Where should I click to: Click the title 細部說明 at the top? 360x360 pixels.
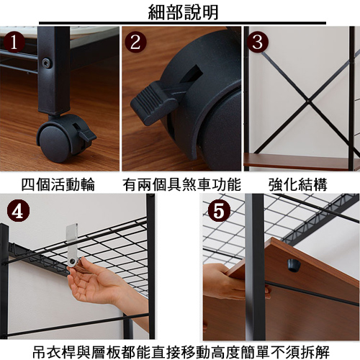pos(183,12)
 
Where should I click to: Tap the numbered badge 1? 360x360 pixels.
pos(14,42)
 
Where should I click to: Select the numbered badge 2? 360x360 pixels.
pos(135,42)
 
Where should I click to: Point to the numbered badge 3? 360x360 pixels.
pos(258,42)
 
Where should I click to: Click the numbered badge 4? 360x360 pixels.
pos(18,211)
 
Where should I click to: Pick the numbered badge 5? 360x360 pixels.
pos(219,211)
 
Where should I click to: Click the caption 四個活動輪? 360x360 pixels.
pos(58,184)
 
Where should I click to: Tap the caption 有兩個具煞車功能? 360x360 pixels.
pos(181,184)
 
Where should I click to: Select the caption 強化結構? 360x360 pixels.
pos(298,184)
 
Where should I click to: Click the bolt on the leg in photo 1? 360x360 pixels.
pos(46,63)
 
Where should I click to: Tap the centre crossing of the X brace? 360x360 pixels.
pos(308,101)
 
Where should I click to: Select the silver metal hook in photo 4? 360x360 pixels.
pos(72,247)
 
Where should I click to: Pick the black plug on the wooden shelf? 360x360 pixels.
pos(294,265)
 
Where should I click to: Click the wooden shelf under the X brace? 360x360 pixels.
pos(300,162)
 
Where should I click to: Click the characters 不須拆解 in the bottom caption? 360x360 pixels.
pos(300,351)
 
